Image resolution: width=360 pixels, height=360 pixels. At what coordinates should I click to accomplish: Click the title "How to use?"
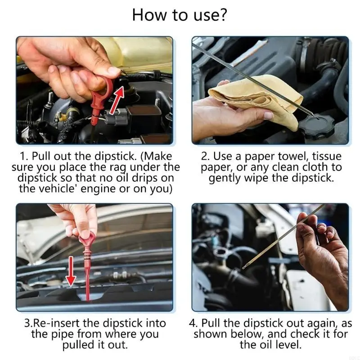click(180, 15)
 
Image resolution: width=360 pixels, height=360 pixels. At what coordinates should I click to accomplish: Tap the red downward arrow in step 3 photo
click(71, 271)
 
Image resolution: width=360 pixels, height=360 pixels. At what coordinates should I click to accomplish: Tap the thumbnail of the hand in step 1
click(114, 70)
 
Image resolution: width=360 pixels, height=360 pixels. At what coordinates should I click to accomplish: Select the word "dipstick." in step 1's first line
click(115, 157)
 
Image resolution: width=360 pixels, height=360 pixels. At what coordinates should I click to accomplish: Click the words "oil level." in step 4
click(280, 345)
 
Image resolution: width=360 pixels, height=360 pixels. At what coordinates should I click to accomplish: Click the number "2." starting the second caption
click(206, 157)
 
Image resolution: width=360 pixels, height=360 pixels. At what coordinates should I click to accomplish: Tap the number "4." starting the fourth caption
click(194, 323)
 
